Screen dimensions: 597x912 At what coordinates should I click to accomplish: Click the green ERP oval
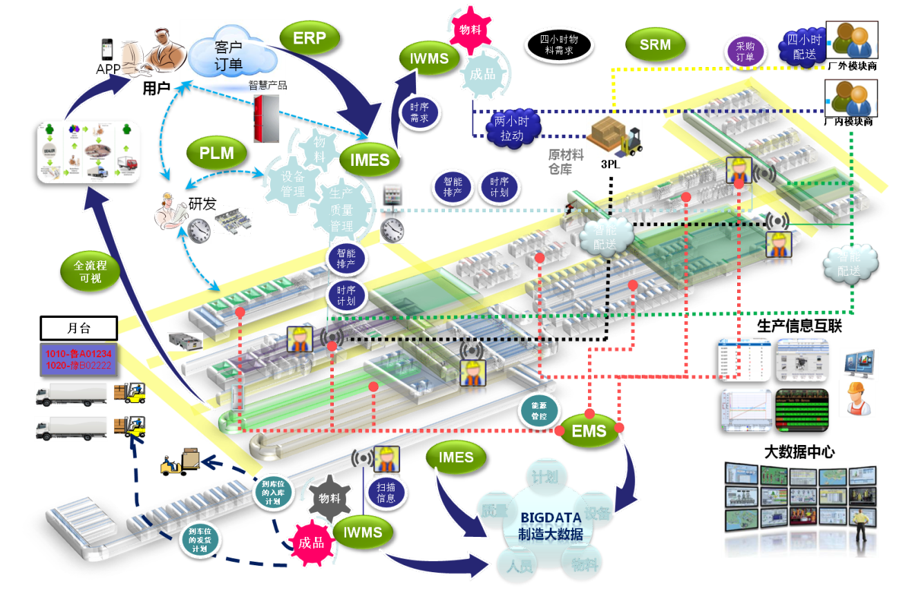click(310, 39)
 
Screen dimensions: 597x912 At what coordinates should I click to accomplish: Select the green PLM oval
click(216, 153)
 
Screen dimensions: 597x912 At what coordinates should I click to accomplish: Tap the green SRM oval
click(655, 45)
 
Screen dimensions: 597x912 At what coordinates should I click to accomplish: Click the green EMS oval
click(589, 432)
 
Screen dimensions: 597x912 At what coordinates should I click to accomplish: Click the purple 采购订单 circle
click(745, 52)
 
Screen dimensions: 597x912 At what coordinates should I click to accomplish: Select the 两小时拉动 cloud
click(513, 129)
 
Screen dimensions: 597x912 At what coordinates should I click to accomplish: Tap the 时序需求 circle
click(419, 112)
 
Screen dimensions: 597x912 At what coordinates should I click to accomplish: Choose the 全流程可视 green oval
click(90, 271)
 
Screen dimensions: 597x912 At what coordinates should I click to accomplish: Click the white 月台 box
click(78, 328)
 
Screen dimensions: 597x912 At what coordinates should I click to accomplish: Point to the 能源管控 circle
click(538, 413)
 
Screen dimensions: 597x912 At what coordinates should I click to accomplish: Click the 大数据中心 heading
click(801, 452)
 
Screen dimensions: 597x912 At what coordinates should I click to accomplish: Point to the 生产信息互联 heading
click(800, 326)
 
